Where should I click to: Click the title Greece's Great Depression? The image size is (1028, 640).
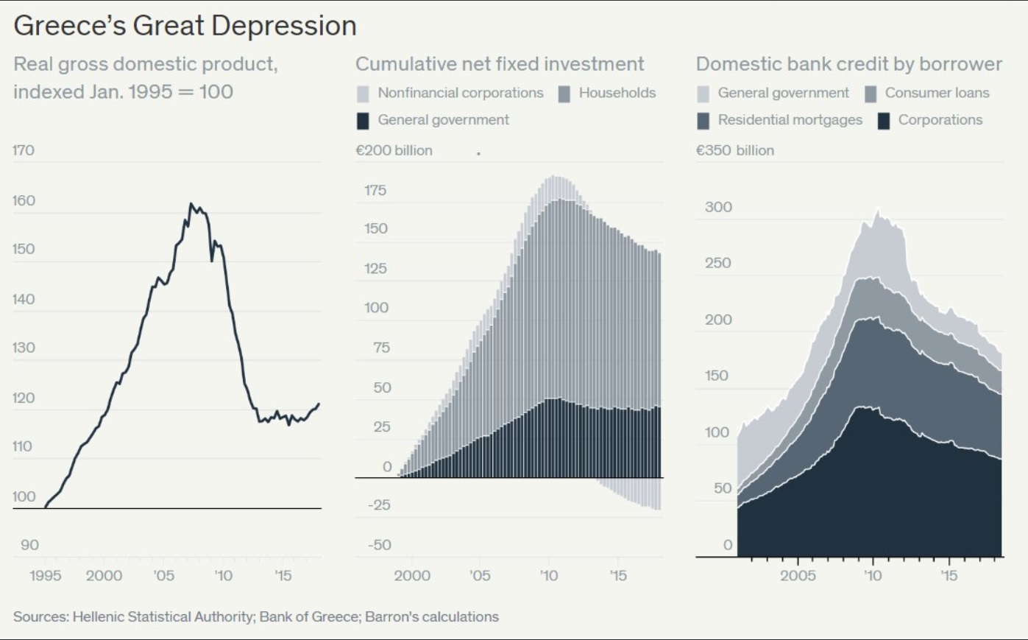coord(185,26)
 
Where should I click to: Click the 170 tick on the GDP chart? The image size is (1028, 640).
coord(24,150)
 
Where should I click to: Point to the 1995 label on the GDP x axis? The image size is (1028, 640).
coord(46,575)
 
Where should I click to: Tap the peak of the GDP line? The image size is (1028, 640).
coord(191,204)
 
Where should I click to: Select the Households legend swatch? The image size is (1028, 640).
coord(564,94)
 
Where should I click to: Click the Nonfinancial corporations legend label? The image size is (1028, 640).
coord(460,93)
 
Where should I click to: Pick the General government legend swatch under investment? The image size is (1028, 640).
coord(363,121)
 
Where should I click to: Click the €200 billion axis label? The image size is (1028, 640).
coord(394,150)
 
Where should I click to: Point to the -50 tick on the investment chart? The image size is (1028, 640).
coord(379,545)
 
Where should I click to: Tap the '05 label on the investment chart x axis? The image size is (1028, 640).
coord(479,575)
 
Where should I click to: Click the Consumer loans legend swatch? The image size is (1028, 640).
coord(871,94)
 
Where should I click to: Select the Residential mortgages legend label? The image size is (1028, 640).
coord(790,120)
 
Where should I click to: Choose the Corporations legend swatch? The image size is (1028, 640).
coord(884,121)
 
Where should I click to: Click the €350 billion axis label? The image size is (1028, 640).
coord(734,150)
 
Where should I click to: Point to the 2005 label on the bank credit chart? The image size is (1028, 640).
coord(798,575)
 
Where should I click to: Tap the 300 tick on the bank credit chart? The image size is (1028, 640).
coord(718,207)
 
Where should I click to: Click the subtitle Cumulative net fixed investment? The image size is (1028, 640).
coord(500,64)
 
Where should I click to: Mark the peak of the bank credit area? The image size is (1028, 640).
coord(877,211)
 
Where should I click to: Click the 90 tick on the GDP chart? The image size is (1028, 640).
coord(29,545)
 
